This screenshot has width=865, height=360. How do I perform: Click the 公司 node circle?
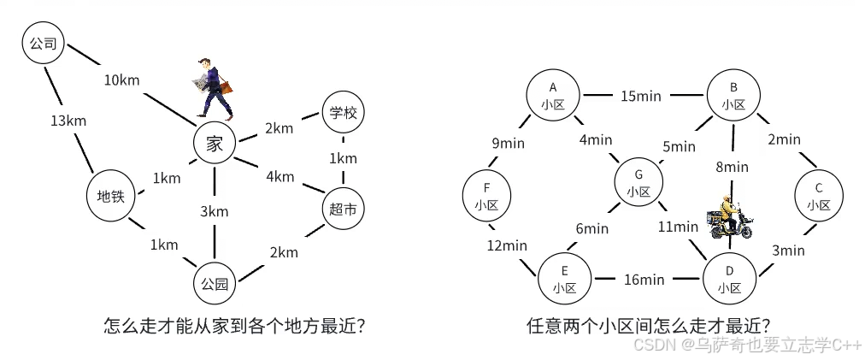pos(43,44)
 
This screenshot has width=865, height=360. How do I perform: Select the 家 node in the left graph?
pos(214,144)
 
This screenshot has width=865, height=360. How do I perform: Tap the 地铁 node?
pos(111,196)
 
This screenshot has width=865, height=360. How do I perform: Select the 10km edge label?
pos(122,80)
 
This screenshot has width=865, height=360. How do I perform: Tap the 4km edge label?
pos(280,177)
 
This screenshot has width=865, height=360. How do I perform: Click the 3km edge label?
pos(215,211)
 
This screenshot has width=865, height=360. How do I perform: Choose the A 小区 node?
pos(553,95)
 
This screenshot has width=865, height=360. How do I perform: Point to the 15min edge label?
pos(640,96)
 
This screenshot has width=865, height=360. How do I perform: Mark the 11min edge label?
pos(678,227)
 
